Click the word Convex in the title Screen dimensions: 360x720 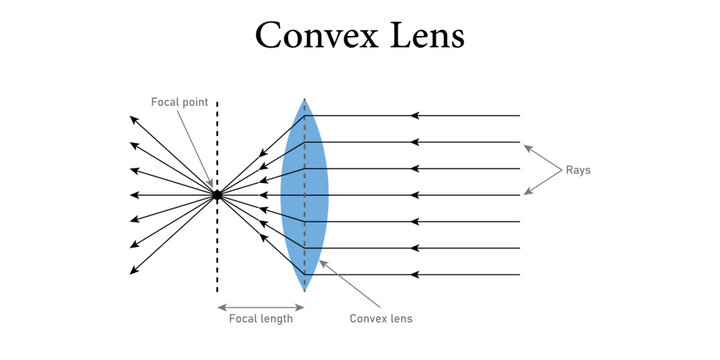click(319, 35)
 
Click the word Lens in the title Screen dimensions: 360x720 click(426, 35)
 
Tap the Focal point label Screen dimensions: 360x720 click(179, 102)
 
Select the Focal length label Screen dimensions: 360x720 click(260, 319)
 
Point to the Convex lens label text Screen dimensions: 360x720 click(381, 319)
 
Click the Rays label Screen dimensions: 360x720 click(578, 170)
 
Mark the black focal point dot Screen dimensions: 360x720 click(216, 195)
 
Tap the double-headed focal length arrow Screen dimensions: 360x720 click(260, 305)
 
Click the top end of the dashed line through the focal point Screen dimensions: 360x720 click(216, 101)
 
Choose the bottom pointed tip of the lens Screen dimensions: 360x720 click(305, 291)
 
